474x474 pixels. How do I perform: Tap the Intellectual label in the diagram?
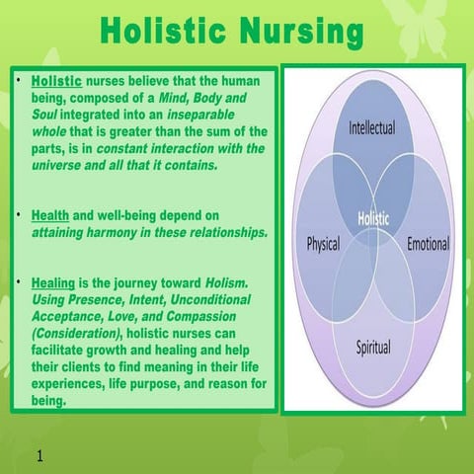[x=372, y=128]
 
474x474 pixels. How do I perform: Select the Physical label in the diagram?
[x=323, y=243]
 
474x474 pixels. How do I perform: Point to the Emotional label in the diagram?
[x=428, y=243]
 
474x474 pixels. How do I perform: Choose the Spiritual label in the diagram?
[x=372, y=348]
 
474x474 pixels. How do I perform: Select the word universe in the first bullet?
[x=63, y=165]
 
